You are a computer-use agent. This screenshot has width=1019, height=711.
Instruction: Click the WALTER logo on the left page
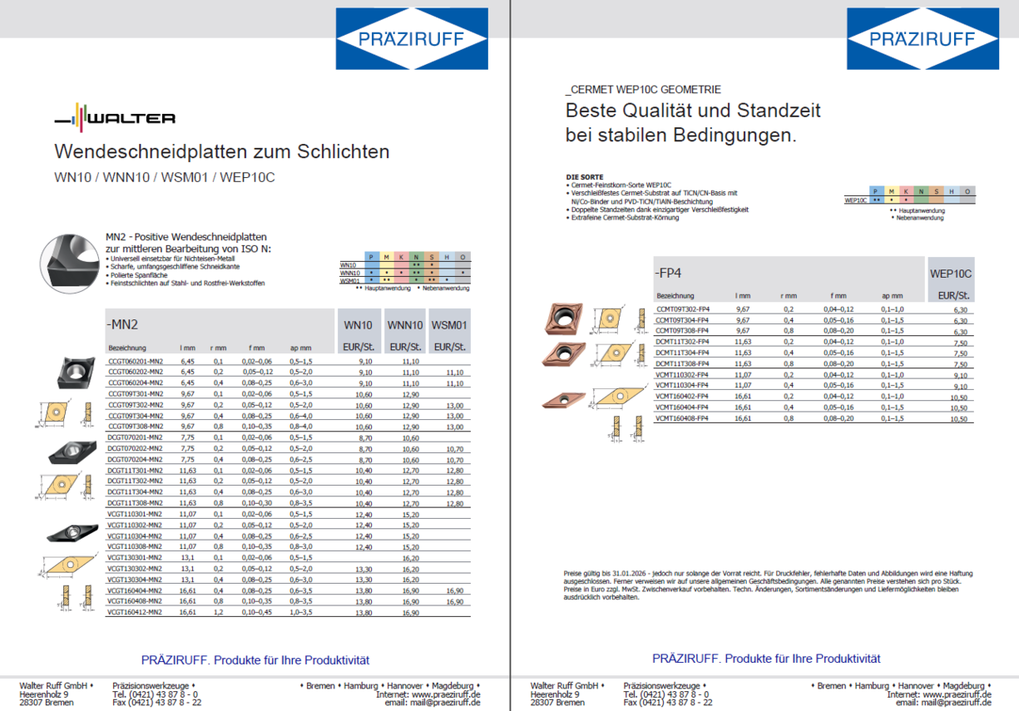click(x=116, y=117)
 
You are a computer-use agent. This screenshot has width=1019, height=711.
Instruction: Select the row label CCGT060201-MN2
click(x=135, y=362)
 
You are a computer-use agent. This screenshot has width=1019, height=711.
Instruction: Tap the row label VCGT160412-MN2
click(x=135, y=612)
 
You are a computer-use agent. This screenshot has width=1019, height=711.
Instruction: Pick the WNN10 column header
click(x=405, y=325)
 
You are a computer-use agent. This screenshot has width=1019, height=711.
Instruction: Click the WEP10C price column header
click(x=951, y=274)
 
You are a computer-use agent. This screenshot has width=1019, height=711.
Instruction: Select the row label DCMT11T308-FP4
click(x=683, y=363)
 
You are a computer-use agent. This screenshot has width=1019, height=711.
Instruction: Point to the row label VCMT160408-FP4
click(x=683, y=418)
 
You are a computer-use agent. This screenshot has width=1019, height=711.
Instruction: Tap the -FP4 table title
click(x=668, y=273)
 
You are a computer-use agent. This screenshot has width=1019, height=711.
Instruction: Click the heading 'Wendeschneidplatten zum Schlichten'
click(x=221, y=151)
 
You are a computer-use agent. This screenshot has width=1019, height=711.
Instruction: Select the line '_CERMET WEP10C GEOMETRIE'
click(x=643, y=90)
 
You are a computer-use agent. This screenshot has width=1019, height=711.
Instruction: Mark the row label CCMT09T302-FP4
click(x=683, y=309)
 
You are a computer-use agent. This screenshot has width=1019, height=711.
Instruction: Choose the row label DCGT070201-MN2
click(x=135, y=437)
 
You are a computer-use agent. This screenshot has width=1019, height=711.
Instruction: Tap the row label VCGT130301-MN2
click(x=135, y=557)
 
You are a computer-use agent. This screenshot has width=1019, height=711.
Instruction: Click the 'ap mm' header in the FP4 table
click(x=892, y=296)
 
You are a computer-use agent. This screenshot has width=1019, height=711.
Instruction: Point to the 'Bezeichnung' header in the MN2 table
click(x=126, y=348)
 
